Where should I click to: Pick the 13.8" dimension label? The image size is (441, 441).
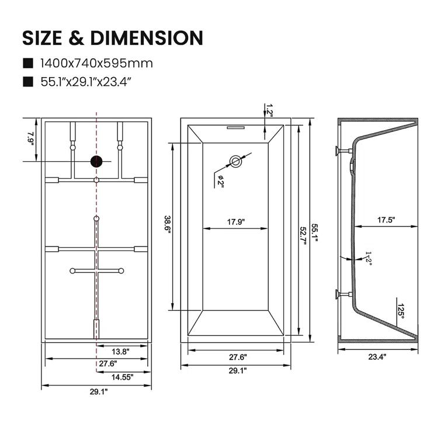coord(120,351)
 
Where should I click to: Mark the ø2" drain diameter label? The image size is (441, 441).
coord(221,181)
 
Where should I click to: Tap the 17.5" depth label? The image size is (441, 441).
coord(386,220)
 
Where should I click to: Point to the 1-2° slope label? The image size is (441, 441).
coord(367,258)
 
